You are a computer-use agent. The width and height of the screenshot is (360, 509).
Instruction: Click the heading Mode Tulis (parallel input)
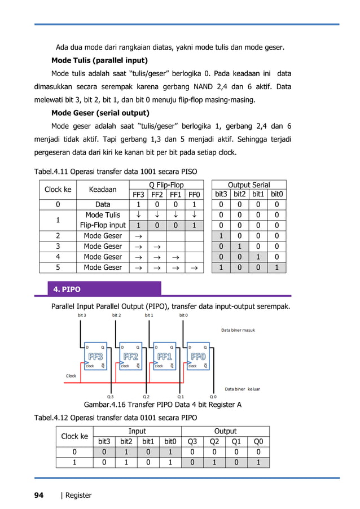tap(99, 60)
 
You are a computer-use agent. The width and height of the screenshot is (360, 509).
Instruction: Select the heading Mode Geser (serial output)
tap(100, 112)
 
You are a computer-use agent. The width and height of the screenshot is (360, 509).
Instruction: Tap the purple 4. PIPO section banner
tap(105, 289)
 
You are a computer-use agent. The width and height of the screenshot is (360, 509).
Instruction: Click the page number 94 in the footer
tap(38, 495)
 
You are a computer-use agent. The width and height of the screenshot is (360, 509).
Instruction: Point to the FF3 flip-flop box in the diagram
tap(94, 357)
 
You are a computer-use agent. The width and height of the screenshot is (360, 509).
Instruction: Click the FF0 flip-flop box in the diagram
tap(198, 357)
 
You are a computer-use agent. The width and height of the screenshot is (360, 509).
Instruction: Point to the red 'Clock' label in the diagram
tap(71, 376)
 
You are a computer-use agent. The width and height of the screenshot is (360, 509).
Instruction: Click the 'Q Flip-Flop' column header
tap(165, 185)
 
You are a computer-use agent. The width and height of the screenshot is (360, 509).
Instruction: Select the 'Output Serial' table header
tap(248, 185)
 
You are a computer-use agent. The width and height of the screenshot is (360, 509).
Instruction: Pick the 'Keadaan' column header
tap(102, 190)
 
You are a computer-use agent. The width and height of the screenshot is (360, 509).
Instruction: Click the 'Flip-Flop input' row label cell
tap(102, 225)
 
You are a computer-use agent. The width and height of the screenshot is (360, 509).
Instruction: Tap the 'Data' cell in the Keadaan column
tap(102, 205)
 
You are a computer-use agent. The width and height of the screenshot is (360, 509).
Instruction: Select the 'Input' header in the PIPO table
tap(137, 431)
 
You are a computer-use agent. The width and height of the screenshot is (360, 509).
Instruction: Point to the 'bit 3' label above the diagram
tap(81, 315)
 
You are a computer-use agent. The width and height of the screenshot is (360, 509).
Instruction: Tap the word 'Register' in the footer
tap(78, 495)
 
